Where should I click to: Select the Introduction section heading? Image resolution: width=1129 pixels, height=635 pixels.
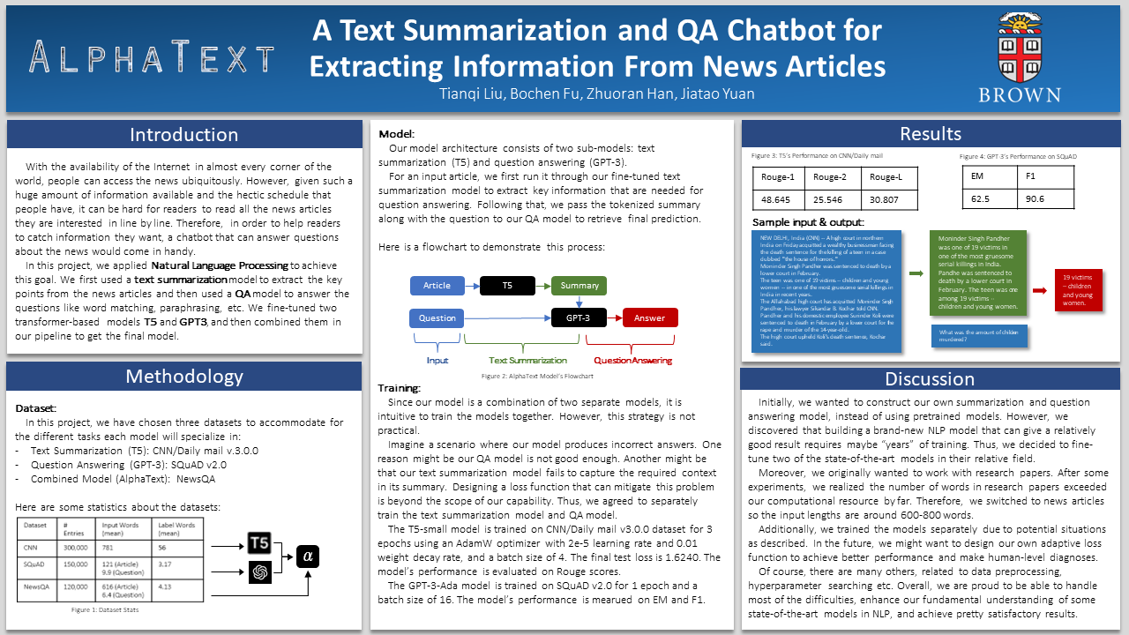coord(183,135)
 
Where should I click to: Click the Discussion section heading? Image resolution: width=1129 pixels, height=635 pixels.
coord(931,379)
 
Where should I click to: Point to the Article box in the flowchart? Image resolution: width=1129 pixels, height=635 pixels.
coord(437,286)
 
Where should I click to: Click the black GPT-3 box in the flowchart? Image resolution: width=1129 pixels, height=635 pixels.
coord(578,317)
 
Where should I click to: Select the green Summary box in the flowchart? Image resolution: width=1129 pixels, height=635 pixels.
coord(579,286)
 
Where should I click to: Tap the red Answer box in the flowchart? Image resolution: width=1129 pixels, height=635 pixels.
coord(650,317)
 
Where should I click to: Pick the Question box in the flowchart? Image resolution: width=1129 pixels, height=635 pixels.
coord(437,317)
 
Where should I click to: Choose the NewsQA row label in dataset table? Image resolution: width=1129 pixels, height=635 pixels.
coord(36,585)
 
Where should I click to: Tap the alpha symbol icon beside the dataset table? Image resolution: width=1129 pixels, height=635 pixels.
coord(308,556)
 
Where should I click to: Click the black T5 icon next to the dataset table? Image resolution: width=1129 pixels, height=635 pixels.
coord(259,542)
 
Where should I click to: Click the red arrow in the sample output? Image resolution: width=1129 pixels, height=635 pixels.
coord(1039,289)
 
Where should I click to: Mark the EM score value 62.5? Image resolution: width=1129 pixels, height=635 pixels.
coord(981,199)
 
